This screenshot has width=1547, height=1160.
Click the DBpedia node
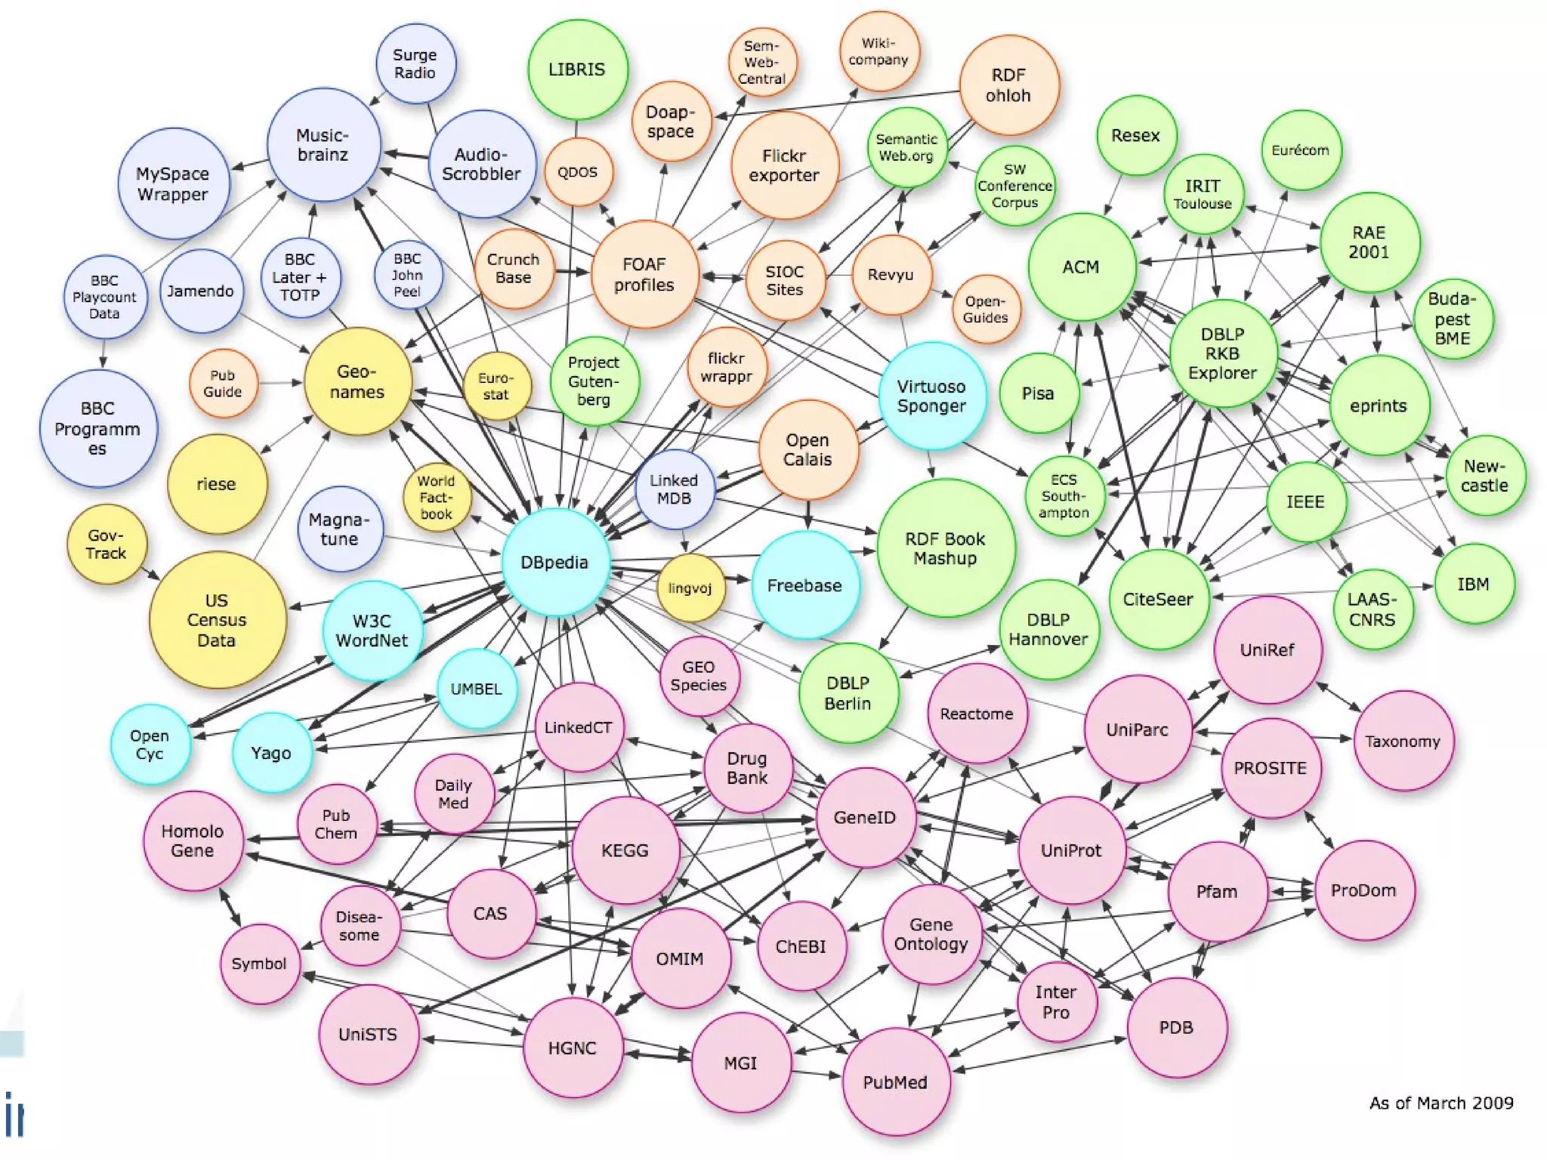click(555, 563)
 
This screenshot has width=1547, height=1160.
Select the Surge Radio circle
click(415, 64)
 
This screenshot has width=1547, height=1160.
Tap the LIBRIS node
click(577, 69)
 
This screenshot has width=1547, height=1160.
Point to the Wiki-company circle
click(878, 51)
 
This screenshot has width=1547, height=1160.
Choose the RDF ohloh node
click(1008, 85)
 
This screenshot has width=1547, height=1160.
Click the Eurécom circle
click(1300, 150)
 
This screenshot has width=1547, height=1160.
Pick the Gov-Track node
click(107, 545)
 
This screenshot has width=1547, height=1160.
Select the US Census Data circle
click(217, 620)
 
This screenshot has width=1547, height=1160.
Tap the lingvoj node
click(690, 588)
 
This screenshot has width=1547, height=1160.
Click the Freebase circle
click(805, 585)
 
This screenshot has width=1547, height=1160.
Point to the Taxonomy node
click(1403, 741)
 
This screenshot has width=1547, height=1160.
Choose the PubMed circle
click(895, 1082)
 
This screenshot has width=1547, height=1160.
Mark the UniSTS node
click(368, 1035)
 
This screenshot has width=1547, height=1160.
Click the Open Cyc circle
click(150, 745)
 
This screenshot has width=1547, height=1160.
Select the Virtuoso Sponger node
click(931, 396)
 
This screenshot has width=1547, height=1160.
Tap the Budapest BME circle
click(1452, 319)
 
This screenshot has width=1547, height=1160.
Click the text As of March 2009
click(1441, 1103)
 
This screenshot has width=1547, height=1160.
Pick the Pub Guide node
click(223, 384)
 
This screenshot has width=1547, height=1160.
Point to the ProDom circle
click(1363, 890)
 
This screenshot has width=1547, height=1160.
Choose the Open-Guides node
click(985, 310)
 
